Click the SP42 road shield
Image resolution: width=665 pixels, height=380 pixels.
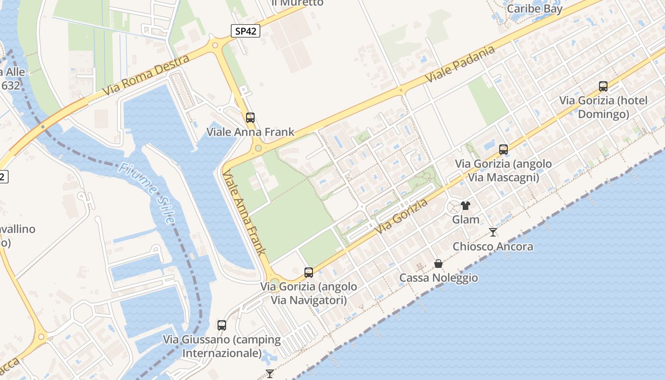tap(246, 31)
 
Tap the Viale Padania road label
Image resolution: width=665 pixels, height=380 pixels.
tap(460, 64)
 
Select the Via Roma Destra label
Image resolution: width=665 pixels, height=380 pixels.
tap(146, 75)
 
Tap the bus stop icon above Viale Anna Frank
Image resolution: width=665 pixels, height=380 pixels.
tap(250, 118)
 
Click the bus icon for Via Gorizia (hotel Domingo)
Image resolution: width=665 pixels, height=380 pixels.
tap(603, 86)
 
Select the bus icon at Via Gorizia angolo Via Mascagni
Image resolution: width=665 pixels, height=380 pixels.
tap(503, 150)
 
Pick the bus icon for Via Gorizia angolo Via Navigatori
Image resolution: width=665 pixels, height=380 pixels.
tap(309, 273)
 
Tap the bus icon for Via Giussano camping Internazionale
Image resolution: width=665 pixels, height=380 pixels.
tap(222, 325)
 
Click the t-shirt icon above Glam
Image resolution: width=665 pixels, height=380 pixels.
tap(465, 206)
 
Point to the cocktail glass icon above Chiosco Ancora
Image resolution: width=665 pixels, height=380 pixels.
tap(493, 232)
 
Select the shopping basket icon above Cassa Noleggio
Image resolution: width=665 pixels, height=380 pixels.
tap(438, 263)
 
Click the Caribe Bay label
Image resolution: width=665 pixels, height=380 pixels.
tap(534, 9)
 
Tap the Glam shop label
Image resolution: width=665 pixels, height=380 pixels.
tap(465, 219)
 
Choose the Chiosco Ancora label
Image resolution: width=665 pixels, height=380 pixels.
tap(493, 247)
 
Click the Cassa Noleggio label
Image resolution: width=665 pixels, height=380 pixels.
tap(438, 278)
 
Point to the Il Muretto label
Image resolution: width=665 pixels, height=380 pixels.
tap(297, 3)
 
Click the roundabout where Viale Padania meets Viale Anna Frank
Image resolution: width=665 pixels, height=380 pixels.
tap(258, 148)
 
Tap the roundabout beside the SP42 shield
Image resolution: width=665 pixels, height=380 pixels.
tap(215, 46)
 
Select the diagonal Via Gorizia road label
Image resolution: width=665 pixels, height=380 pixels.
tap(401, 216)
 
